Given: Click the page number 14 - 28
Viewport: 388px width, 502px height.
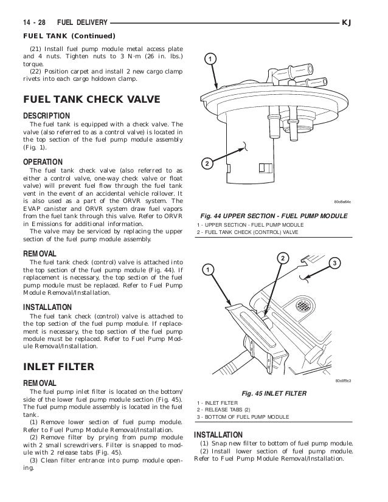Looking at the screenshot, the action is (34, 22).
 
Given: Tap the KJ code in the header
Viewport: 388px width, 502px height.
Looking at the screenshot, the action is (347, 22).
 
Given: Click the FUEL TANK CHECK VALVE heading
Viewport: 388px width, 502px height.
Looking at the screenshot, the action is (92, 99).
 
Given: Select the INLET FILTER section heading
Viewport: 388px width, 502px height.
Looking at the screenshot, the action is (58, 366).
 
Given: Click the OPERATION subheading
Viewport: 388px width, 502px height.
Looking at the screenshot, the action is (43, 162).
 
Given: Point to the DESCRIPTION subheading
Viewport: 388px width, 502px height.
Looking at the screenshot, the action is (46, 116).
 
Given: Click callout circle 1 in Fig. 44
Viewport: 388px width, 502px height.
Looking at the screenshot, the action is (210, 59).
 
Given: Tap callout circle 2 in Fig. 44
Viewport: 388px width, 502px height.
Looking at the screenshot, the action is (207, 163).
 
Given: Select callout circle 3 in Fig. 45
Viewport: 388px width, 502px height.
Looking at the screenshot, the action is (334, 263).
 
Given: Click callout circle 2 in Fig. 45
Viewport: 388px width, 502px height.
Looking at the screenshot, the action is (283, 258).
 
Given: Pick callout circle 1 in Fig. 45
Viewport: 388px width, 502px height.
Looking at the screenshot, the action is (208, 270).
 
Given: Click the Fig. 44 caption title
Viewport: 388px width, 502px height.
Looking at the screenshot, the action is (274, 216).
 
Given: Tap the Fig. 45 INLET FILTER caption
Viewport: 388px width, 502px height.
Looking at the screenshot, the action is (274, 393).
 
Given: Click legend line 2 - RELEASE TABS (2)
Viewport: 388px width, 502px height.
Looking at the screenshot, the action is (224, 410).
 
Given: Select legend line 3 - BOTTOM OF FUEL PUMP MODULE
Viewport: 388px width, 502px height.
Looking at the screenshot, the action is (243, 417).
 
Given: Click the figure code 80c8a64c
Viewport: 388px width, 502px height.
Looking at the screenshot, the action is (342, 202).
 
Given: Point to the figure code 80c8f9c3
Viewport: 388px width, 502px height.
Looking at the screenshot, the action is (343, 380).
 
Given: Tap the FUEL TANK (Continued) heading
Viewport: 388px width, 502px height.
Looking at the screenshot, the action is (69, 36).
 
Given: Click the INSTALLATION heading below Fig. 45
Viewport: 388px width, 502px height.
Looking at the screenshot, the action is (218, 435).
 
